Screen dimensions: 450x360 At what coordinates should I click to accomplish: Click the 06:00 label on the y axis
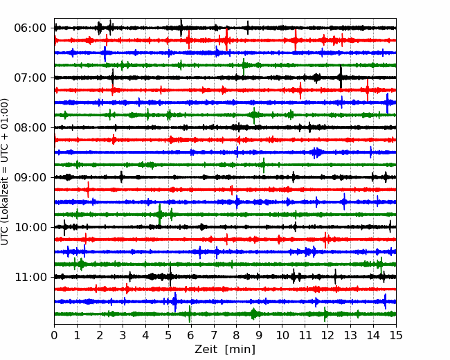pyautogui.click(x=30, y=28)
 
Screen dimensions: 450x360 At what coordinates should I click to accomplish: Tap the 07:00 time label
pyautogui.click(x=30, y=78)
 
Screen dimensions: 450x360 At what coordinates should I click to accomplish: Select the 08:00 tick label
pyautogui.click(x=30, y=127)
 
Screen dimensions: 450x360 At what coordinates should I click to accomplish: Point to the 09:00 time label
pyautogui.click(x=30, y=177)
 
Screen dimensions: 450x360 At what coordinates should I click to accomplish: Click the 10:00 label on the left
pyautogui.click(x=30, y=227)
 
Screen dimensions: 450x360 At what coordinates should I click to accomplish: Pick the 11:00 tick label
pyautogui.click(x=30, y=277)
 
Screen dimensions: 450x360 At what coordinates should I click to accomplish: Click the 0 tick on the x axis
pyautogui.click(x=54, y=335)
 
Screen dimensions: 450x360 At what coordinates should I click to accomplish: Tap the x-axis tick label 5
pyautogui.click(x=168, y=335)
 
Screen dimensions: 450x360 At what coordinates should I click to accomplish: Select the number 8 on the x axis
pyautogui.click(x=237, y=335)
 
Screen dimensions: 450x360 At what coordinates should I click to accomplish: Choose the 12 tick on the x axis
pyautogui.click(x=327, y=335)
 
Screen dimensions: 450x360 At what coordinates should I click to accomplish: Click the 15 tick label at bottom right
pyautogui.click(x=396, y=335)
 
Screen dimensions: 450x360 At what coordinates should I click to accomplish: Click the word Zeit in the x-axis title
pyautogui.click(x=204, y=349)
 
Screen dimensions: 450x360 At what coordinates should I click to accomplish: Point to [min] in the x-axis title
pyautogui.click(x=240, y=350)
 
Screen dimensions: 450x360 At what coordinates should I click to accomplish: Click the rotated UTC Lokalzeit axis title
pyautogui.click(x=5, y=172)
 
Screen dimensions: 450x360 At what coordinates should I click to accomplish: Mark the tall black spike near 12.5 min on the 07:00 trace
pyautogui.click(x=341, y=77)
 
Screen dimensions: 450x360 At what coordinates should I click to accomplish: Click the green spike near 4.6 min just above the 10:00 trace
pyautogui.click(x=159, y=214)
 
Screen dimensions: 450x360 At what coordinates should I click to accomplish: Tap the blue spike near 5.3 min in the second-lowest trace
pyautogui.click(x=175, y=302)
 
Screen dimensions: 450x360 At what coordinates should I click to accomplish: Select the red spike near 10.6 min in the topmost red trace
pyautogui.click(x=296, y=40)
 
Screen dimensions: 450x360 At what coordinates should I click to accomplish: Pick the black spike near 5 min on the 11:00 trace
pyautogui.click(x=170, y=276)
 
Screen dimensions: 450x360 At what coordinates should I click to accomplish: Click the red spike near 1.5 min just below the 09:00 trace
pyautogui.click(x=88, y=190)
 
